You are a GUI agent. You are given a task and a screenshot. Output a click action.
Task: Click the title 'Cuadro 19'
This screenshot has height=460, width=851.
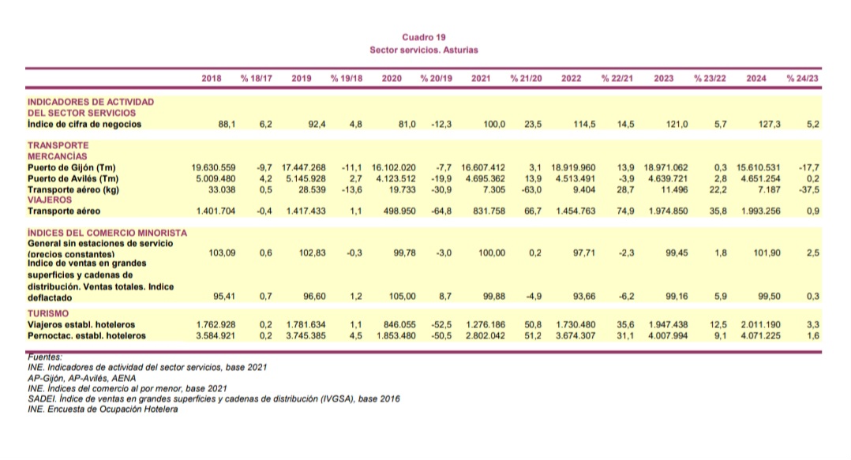click(424, 37)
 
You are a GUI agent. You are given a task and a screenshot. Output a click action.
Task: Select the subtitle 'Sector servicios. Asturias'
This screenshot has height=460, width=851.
click(424, 50)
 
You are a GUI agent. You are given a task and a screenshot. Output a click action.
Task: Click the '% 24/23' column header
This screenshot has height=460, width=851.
click(803, 79)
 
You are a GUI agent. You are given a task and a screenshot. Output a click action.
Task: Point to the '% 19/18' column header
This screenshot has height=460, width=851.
click(346, 79)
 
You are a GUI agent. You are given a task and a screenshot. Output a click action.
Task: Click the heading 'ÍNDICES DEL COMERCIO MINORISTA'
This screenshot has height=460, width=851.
click(107, 233)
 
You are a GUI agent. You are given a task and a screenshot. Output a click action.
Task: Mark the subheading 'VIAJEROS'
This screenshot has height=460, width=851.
click(49, 200)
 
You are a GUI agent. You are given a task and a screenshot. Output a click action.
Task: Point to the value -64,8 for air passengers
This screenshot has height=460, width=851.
click(440, 211)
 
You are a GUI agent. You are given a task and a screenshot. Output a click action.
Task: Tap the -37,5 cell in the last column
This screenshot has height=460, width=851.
click(808, 189)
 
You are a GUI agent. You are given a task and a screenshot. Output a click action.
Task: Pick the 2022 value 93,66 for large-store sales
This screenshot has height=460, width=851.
click(579, 297)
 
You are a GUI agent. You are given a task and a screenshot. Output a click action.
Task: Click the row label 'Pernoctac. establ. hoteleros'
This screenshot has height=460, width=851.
click(87, 335)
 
